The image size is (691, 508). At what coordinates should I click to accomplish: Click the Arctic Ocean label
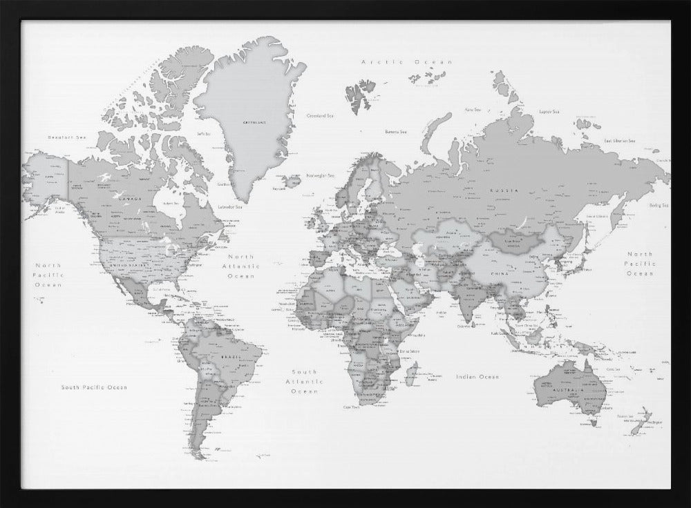click(x=406, y=62)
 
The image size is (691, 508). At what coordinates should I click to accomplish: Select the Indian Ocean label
click(x=477, y=377)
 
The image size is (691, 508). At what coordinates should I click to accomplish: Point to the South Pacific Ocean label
click(x=94, y=387)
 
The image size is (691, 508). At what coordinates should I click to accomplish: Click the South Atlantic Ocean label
click(x=304, y=381)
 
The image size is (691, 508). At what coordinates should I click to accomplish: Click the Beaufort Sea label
click(x=66, y=137)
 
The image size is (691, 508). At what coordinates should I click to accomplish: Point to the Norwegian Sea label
click(x=321, y=175)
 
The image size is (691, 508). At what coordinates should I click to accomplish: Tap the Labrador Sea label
click(x=230, y=206)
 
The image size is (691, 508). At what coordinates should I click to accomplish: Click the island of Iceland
click(x=291, y=181)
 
